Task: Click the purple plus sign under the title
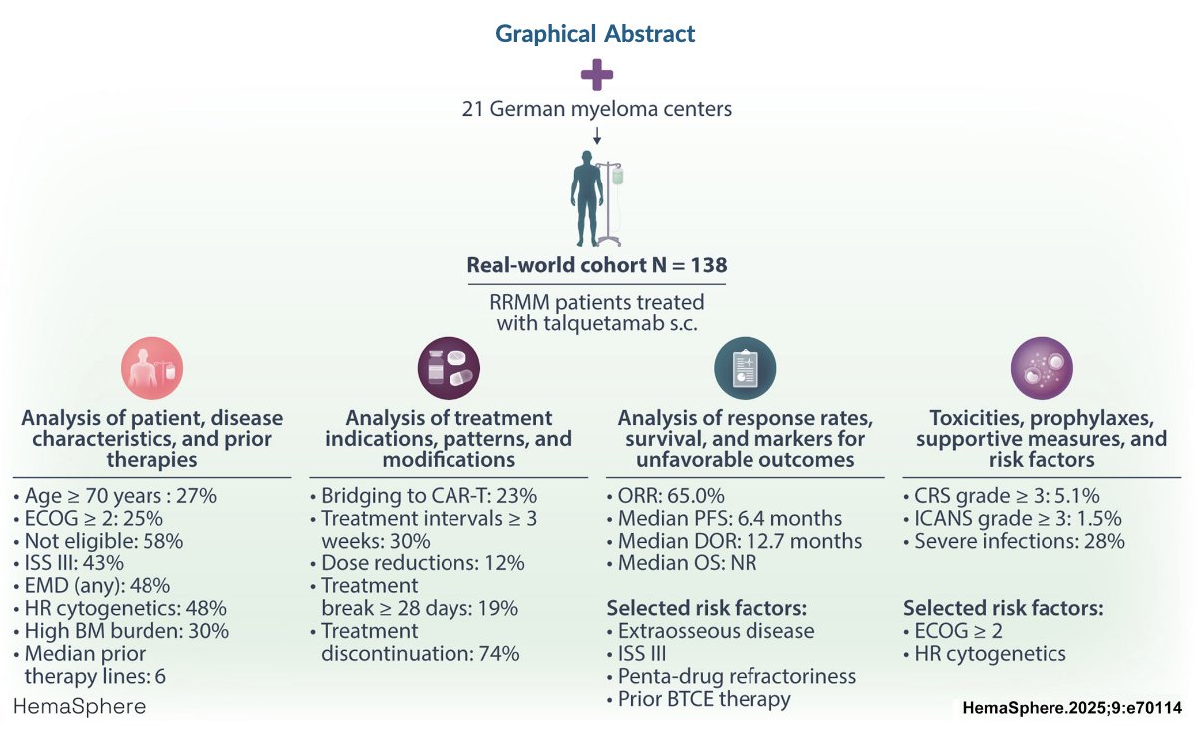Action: [x=597, y=75]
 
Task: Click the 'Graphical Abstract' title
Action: [x=595, y=33]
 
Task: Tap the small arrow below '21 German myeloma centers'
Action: [x=597, y=136]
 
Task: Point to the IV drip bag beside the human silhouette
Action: [x=618, y=176]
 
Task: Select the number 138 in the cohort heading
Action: [x=709, y=265]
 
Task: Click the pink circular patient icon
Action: [x=152, y=368]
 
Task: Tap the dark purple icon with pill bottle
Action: [x=449, y=368]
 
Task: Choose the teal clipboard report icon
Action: [x=746, y=368]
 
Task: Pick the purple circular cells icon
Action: [x=1042, y=368]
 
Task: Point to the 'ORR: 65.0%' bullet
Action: [x=666, y=495]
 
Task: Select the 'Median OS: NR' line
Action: [x=682, y=563]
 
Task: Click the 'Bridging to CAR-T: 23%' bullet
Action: [x=424, y=495]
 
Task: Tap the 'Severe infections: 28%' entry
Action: [x=1014, y=541]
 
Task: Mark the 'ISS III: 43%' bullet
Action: [x=69, y=563]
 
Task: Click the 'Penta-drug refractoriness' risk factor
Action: [x=732, y=676]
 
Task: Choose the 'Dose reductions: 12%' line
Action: [x=418, y=563]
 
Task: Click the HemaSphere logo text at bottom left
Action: [x=80, y=706]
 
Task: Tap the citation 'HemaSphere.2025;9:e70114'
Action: [x=1072, y=708]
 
